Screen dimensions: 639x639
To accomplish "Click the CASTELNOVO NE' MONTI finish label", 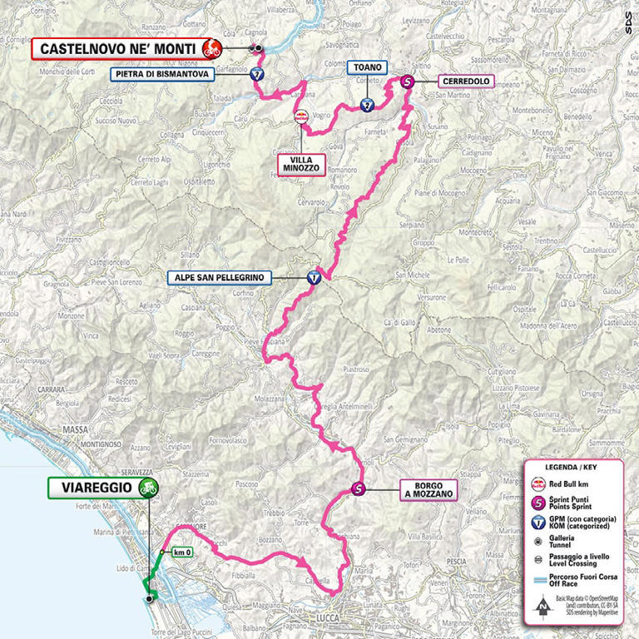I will (x=114, y=49).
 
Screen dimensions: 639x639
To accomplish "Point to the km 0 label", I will (x=182, y=551).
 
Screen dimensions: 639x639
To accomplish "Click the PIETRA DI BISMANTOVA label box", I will (x=162, y=73).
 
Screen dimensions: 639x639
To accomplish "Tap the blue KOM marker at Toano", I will (x=367, y=105).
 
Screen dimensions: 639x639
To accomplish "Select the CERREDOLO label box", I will (x=463, y=82).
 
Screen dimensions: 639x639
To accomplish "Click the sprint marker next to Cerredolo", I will (x=407, y=82).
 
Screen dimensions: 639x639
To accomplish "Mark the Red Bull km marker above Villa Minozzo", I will (x=300, y=117).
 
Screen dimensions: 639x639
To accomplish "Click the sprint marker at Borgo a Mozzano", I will (x=358, y=489).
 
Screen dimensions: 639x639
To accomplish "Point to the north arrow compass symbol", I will (x=543, y=605).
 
